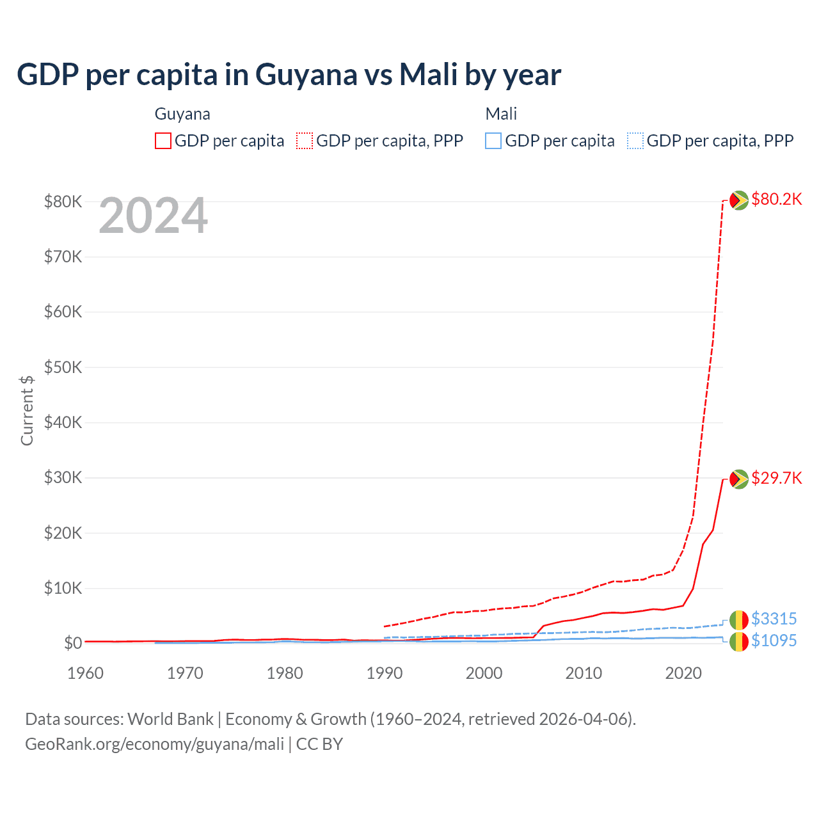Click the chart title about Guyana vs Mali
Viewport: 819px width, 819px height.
click(289, 75)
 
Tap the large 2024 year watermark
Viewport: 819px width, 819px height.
click(153, 216)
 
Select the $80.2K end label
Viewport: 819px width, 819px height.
click(776, 199)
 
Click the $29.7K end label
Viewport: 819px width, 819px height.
click(776, 478)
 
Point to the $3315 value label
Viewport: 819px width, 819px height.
click(774, 619)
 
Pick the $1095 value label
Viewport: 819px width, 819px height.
click(774, 640)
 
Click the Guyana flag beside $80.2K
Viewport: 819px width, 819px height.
click(739, 200)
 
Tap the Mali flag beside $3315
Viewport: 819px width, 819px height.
click(739, 619)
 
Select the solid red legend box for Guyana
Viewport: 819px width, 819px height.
click(163, 141)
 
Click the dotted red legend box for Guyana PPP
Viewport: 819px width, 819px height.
click(305, 141)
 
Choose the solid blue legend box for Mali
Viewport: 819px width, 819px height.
click(493, 141)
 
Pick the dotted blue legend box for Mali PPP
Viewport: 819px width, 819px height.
click(635, 141)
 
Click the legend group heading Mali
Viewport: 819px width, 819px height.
click(501, 114)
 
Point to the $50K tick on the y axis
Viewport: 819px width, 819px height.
click(63, 367)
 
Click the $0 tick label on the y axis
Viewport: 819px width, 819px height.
click(72, 643)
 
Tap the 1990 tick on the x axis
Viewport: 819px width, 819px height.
click(385, 673)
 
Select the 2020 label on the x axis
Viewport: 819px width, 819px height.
click(683, 673)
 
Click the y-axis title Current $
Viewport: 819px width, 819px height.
click(27, 410)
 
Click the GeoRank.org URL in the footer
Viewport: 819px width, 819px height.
click(154, 744)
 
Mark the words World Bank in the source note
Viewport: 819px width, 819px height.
click(170, 719)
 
